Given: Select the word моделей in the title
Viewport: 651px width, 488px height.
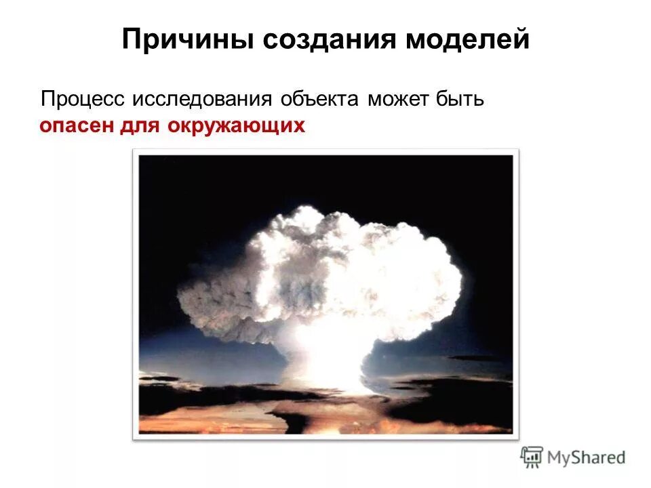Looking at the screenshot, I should (467, 40).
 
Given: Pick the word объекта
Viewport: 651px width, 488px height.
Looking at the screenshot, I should (319, 99).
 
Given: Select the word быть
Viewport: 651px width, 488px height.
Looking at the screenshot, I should (460, 99).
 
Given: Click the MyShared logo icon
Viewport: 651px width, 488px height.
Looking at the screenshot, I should (532, 457).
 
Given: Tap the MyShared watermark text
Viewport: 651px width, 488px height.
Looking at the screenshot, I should (586, 458).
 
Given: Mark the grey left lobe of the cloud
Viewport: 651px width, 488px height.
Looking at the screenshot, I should (210, 298).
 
